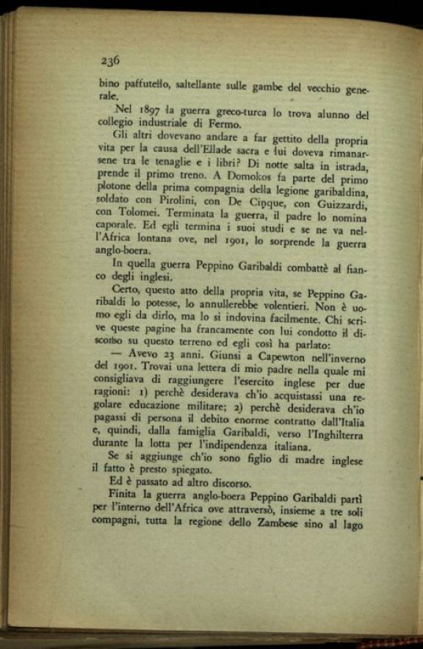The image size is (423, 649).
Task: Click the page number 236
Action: coord(110,61)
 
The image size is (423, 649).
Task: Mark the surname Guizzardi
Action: coord(336,205)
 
